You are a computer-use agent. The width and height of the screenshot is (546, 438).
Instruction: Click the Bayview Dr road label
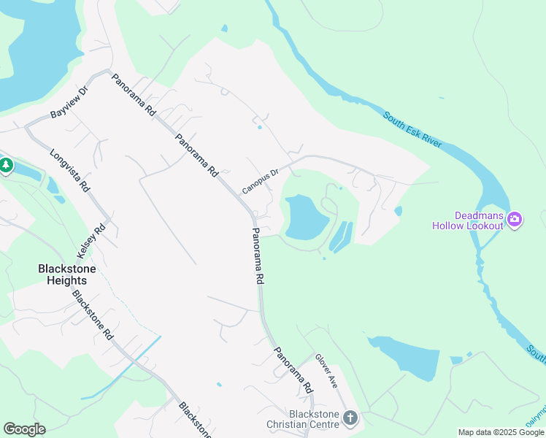coord(69,103)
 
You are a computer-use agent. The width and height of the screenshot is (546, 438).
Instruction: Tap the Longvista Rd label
coord(69,171)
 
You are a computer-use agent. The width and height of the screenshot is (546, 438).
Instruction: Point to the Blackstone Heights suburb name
coord(67,274)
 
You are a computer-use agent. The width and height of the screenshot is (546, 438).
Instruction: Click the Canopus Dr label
coord(261,182)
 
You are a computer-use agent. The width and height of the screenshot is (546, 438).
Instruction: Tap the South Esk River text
coord(412,129)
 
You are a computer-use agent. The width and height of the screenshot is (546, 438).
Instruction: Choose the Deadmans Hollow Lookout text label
coord(478,220)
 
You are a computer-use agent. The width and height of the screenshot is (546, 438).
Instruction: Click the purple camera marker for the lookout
coord(515,219)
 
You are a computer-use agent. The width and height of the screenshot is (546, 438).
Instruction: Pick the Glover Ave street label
coord(326,371)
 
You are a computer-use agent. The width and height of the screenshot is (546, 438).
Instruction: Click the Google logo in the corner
coord(24,429)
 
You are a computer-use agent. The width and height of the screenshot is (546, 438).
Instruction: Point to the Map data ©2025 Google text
coord(501,432)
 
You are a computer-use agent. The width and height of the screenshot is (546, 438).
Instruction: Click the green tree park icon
coord(6,166)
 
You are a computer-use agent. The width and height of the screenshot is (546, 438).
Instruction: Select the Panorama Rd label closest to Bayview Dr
coord(134,96)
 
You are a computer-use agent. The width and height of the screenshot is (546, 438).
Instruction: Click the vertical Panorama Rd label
coord(258,255)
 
